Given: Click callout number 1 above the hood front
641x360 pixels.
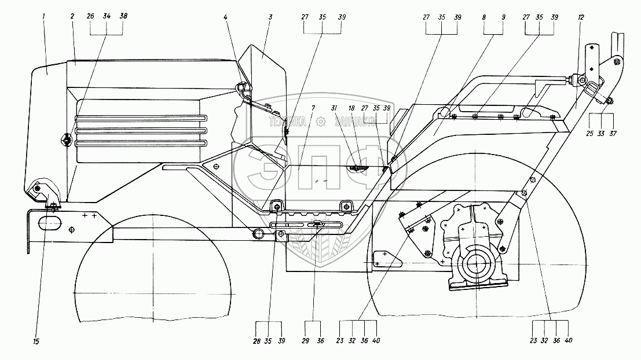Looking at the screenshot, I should pyautogui.click(x=43, y=16).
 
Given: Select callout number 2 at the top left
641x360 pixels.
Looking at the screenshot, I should pyautogui.click(x=72, y=16).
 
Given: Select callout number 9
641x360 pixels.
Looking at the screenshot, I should pyautogui.click(x=503, y=17).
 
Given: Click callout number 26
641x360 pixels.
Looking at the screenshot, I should pyautogui.click(x=90, y=17).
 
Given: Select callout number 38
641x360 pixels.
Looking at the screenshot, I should pyautogui.click(x=123, y=17).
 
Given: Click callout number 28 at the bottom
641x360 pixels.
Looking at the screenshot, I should pyautogui.click(x=257, y=340).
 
